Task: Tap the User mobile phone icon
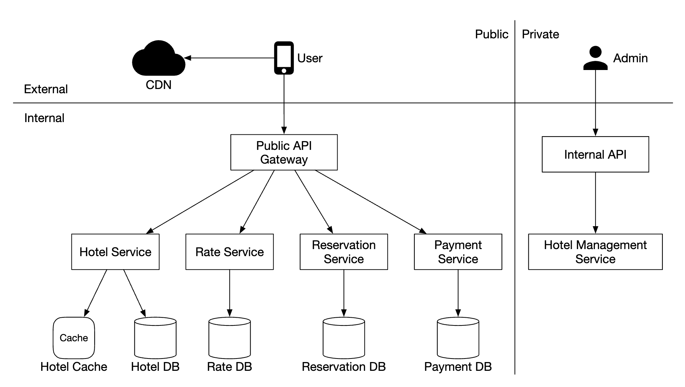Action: coord(284,58)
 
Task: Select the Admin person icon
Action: coord(595,58)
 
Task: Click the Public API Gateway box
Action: coord(284,152)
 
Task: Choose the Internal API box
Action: coord(595,154)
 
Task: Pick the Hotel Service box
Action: coord(115,252)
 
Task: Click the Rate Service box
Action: coord(230,252)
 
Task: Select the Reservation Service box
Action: coord(344,252)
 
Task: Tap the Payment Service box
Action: coord(458,252)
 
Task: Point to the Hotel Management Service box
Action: coord(595,252)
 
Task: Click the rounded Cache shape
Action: coord(74,338)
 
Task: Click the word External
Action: coord(46,89)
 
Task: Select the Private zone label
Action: coord(540,34)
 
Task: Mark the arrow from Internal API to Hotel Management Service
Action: coord(595,203)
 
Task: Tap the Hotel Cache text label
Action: coord(74,367)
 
